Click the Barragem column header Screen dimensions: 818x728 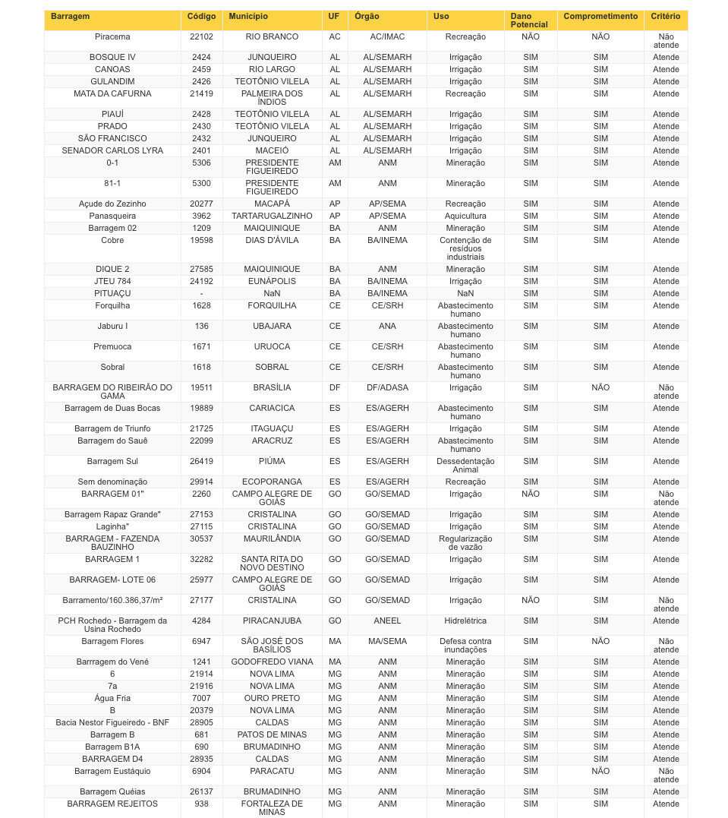click(x=71, y=16)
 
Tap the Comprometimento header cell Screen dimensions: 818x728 click(x=600, y=16)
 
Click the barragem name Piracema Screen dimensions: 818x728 click(x=112, y=36)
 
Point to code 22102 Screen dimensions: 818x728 click(x=201, y=36)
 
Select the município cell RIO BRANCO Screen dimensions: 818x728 click(x=272, y=36)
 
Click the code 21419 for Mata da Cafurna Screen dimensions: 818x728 click(x=201, y=93)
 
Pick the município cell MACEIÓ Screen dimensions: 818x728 click(x=272, y=150)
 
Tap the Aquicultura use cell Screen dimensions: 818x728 click(x=465, y=216)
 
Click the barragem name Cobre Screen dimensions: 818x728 click(x=112, y=240)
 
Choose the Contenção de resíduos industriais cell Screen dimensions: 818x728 click(x=465, y=248)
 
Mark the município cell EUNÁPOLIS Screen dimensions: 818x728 click(x=272, y=281)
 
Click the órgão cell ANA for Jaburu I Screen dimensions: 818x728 click(x=387, y=326)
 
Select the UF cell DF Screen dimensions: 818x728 click(x=335, y=387)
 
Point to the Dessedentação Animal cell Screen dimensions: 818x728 click(x=465, y=465)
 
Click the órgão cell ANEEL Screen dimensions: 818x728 click(x=387, y=621)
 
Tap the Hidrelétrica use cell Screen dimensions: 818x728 click(x=465, y=621)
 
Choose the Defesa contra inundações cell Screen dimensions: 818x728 click(x=465, y=645)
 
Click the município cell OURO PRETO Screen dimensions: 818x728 click(x=272, y=698)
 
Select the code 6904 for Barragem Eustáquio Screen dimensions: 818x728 click(x=201, y=771)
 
